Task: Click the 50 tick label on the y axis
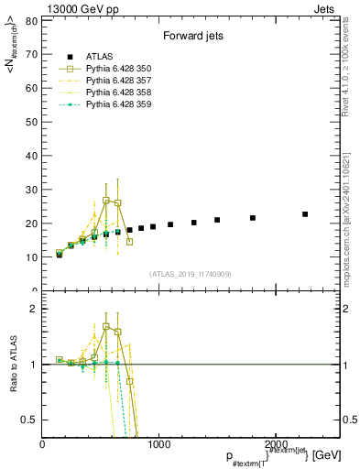click(x=32, y=122)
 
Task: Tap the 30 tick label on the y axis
click(x=32, y=190)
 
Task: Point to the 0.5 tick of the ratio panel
click(x=32, y=420)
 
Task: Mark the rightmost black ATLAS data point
click(x=305, y=214)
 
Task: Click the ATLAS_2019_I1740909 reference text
click(x=191, y=274)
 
